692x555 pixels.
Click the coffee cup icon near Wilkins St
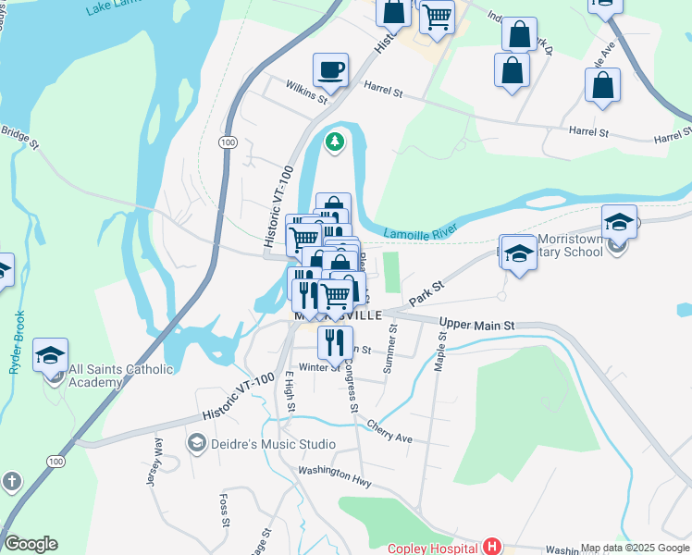(330, 68)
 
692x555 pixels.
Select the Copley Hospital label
(432, 548)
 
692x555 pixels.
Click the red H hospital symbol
(492, 547)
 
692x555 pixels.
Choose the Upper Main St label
(476, 326)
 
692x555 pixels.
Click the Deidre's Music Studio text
(258, 444)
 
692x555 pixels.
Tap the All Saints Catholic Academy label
(120, 376)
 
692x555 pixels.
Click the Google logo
(31, 544)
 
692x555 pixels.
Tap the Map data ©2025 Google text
(635, 548)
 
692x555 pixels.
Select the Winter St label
(319, 367)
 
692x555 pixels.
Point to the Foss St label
(224, 510)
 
